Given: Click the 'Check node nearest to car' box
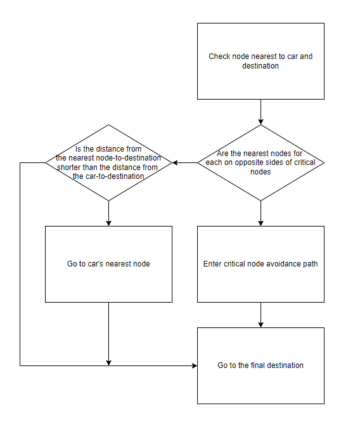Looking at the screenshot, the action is click(x=260, y=61).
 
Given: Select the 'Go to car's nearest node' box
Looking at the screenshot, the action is click(x=108, y=264).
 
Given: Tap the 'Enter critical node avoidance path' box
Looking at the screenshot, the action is click(x=260, y=264).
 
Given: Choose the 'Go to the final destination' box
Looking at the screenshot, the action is click(x=260, y=365).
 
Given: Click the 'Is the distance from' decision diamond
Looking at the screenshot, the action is click(x=108, y=162).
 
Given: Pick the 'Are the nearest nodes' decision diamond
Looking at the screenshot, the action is click(x=260, y=162).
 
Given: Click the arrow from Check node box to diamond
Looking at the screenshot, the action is click(x=260, y=112).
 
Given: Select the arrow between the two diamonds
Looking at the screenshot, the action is click(x=184, y=162).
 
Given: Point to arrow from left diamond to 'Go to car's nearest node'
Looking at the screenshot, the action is click(x=108, y=213).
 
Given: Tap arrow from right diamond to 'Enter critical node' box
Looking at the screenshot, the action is click(x=260, y=213).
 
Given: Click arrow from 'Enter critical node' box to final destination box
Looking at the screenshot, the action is click(x=260, y=315).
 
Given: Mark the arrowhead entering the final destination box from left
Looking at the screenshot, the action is click(x=195, y=365).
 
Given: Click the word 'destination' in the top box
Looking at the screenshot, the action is click(x=260, y=66).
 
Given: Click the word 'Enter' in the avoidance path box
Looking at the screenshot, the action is click(x=212, y=264).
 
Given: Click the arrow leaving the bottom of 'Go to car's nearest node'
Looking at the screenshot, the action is click(x=108, y=334).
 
